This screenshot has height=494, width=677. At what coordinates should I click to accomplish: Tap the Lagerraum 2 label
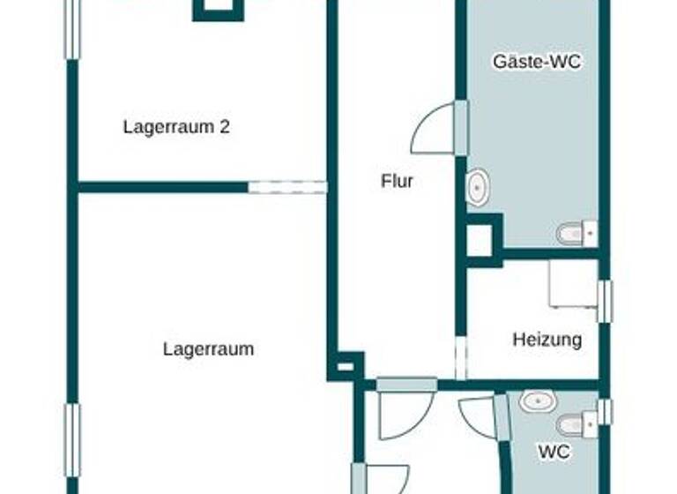click(176, 126)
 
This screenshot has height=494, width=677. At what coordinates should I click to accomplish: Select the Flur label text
click(397, 182)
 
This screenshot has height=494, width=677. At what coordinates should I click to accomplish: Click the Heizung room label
click(547, 339)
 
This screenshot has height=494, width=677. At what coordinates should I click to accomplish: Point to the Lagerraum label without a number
click(208, 348)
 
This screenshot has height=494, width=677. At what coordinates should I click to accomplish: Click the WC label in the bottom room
click(554, 452)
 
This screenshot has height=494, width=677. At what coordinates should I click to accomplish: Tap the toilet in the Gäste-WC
click(575, 234)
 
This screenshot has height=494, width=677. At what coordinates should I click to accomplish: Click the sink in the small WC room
click(536, 401)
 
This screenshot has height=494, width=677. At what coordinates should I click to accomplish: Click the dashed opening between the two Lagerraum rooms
click(287, 186)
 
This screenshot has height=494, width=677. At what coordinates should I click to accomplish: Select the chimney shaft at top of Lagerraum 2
click(217, 8)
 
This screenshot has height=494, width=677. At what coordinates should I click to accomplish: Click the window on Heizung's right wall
click(604, 301)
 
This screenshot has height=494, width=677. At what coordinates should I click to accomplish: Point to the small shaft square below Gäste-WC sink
click(479, 241)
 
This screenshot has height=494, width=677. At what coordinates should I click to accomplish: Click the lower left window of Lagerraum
click(72, 441)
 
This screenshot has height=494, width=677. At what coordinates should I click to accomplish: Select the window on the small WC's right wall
click(604, 412)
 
